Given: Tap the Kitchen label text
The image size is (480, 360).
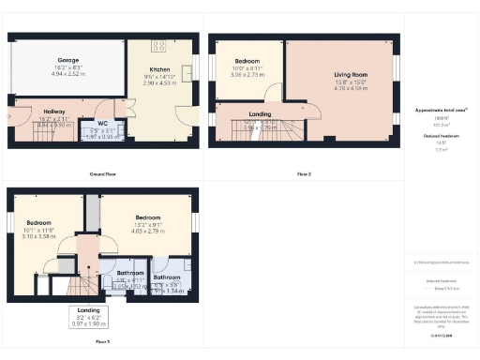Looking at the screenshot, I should pyautogui.click(x=159, y=69).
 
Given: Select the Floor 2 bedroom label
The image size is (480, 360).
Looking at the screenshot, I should pyautogui.click(x=248, y=61).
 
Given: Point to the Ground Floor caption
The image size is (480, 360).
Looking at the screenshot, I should pyautogui.click(x=103, y=174).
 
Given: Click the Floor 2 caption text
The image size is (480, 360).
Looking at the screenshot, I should pyautogui.click(x=303, y=174).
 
